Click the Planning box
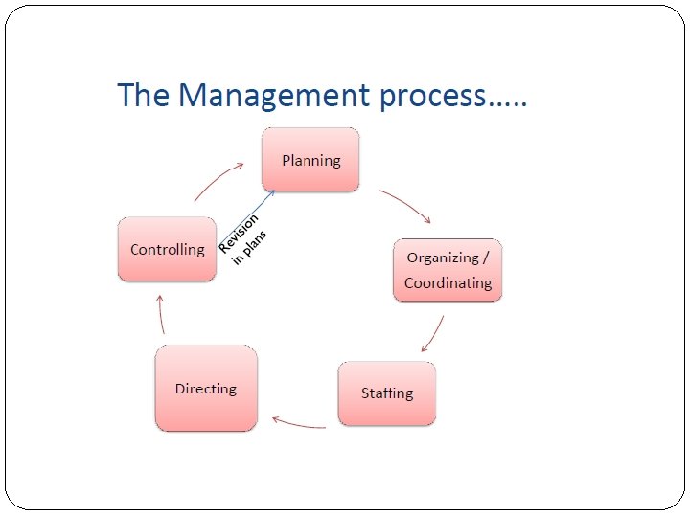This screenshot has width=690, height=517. [310, 160]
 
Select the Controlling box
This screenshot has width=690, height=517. [167, 249]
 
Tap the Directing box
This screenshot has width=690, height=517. [206, 388]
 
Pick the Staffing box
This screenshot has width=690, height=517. [387, 393]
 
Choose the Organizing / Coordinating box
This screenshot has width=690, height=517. [448, 270]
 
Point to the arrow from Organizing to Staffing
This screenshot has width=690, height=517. [433, 333]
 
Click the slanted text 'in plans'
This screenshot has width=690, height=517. [250, 248]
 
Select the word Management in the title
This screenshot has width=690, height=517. [273, 96]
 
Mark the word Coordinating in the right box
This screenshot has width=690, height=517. [448, 283]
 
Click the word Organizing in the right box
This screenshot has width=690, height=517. [442, 258]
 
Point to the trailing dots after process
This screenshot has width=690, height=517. [508, 103]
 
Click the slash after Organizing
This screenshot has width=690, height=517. [486, 258]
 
